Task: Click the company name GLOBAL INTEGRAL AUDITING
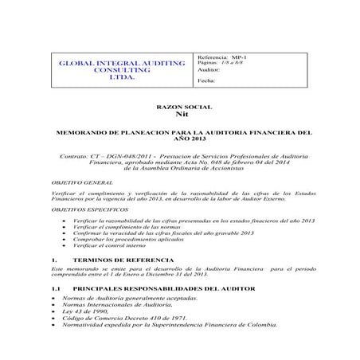(119, 63)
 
